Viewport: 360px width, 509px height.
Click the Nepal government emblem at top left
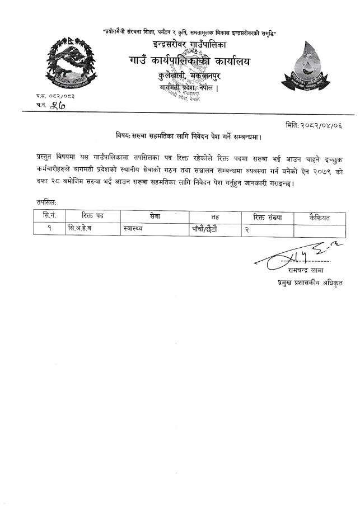[69, 65]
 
